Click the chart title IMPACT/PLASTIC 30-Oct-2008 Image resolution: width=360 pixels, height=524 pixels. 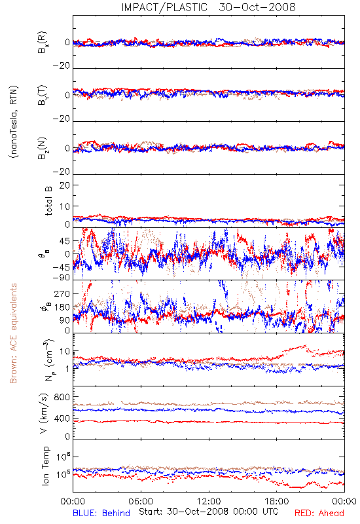tap(208, 7)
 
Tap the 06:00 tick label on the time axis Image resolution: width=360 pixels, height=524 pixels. tap(141, 501)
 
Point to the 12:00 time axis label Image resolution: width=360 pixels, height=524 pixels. tap(209, 501)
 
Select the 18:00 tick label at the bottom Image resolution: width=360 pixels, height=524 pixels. tap(277, 501)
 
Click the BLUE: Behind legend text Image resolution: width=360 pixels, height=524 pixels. tap(101, 513)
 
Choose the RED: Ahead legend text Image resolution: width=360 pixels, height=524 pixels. tap(319, 513)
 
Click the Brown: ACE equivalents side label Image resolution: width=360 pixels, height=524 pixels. tap(13, 333)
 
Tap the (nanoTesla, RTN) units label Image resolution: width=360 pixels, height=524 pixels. tap(14, 122)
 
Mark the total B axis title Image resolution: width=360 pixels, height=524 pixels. tap(48, 201)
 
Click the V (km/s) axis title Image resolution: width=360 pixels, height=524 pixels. tap(44, 413)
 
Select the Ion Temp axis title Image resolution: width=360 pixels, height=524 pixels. tap(45, 466)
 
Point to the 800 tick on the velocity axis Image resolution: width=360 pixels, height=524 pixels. tap(62, 397)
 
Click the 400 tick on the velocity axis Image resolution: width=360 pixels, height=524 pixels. tap(62, 419)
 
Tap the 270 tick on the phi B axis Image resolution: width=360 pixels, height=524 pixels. tap(62, 293)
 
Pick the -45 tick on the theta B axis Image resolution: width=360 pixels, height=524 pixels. tap(61, 267)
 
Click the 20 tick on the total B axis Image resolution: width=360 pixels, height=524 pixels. tap(65, 185)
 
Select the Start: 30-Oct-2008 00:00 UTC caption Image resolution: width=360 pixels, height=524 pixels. tap(208, 512)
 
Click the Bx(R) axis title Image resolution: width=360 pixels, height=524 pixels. tap(43, 43)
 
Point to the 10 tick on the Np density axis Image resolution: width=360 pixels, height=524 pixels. tap(65, 351)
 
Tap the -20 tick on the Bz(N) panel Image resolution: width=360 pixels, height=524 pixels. tap(61, 172)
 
